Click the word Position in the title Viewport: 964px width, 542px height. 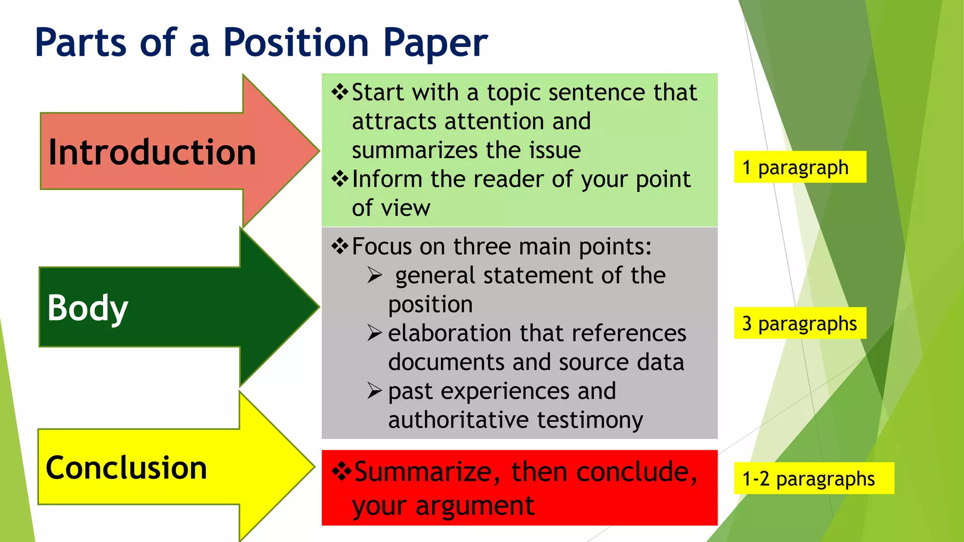296,43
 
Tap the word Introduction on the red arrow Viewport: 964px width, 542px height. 152,152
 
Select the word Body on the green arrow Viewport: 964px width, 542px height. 88,308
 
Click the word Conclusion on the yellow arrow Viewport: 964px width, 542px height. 126,468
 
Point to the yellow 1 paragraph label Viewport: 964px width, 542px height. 799,167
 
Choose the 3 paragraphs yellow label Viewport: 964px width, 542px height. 799,323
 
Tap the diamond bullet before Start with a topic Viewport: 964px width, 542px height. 340,92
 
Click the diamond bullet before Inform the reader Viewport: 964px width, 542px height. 340,179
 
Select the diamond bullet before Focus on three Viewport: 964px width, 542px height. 340,246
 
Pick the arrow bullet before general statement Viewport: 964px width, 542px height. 375,275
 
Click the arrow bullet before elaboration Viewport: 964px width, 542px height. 375,333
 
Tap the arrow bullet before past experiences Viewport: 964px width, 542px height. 375,391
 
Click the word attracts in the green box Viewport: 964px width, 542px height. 394,121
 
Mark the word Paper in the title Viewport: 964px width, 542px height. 435,43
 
